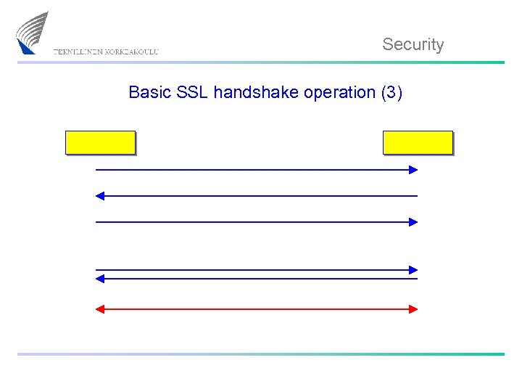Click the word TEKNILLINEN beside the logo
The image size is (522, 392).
point(78,52)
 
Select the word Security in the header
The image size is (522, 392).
point(413,44)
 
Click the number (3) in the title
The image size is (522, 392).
point(391,93)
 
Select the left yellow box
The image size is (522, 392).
point(100,142)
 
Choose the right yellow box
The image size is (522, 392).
point(418,142)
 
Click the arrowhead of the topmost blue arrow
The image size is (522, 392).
point(413,170)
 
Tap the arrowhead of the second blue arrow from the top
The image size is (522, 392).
point(100,196)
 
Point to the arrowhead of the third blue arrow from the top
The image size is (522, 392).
point(413,222)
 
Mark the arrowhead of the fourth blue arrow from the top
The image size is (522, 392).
point(413,270)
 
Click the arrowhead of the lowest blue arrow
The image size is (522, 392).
point(100,278)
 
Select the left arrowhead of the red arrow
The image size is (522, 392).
point(100,309)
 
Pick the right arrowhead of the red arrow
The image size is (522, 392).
point(413,309)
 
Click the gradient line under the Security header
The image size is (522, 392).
point(261,62)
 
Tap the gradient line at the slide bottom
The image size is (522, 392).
point(261,354)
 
